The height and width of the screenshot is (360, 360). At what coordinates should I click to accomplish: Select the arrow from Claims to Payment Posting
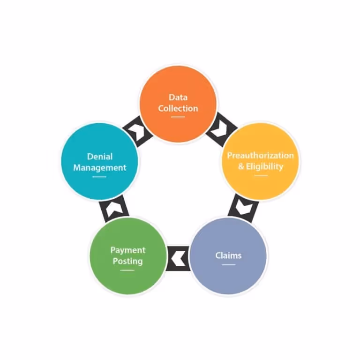178,257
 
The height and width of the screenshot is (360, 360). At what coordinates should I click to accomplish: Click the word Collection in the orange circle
178,108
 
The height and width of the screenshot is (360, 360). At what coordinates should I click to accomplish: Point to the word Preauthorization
261,155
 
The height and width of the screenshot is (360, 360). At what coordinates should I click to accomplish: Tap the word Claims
228,255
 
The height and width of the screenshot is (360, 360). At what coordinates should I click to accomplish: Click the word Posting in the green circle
128,261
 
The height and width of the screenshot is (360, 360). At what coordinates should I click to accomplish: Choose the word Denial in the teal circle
100,157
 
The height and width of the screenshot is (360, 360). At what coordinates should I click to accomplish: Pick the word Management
100,167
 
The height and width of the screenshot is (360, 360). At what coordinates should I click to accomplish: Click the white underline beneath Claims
228,265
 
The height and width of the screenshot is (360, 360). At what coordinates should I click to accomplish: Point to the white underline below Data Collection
178,117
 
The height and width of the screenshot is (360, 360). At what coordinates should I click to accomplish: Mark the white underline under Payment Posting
127,270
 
